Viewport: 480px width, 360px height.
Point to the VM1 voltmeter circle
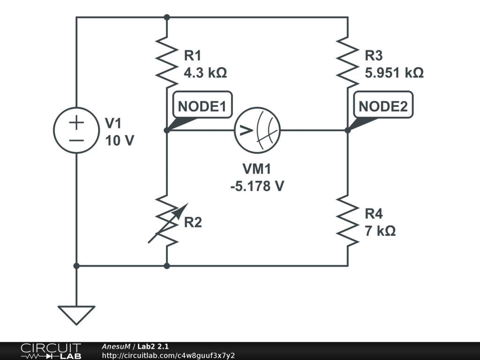click(257, 130)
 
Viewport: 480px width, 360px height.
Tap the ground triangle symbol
click(76, 314)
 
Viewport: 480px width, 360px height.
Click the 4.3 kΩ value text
click(205, 73)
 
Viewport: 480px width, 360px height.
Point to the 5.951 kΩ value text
click(394, 73)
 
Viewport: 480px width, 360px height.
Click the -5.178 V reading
click(257, 186)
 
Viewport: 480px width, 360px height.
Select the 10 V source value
click(120, 140)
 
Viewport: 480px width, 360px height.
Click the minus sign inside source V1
click(76, 139)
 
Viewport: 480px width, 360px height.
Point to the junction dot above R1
click(167, 17)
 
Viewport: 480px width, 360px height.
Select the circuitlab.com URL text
click(168, 355)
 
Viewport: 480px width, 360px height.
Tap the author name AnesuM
click(116, 346)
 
